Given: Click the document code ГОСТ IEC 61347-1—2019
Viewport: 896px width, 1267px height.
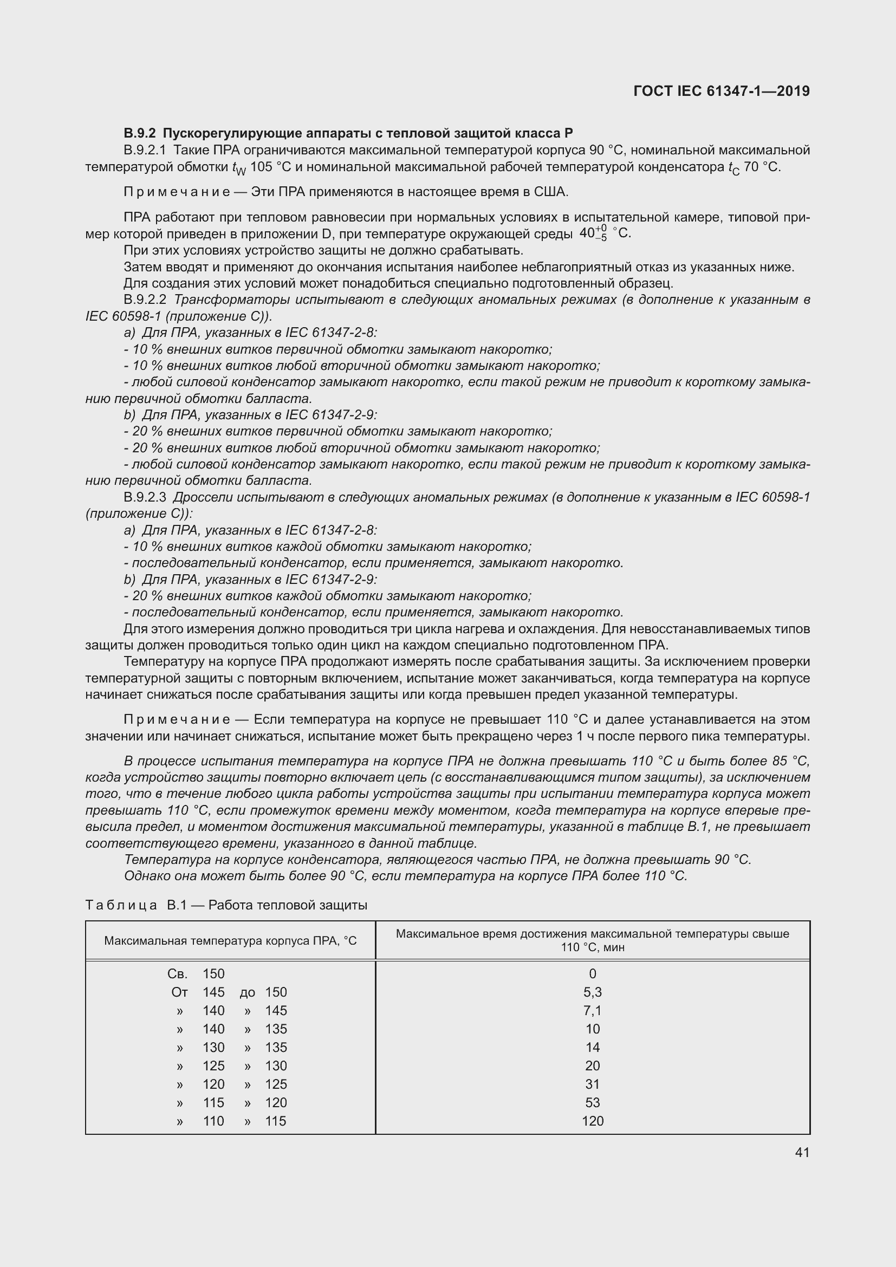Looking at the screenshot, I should click(722, 91).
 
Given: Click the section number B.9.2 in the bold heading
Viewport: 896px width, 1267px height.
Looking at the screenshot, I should click(140, 133).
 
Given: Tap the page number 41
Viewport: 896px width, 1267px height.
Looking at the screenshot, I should click(802, 1152).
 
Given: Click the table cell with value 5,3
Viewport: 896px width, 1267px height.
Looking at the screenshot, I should click(593, 992).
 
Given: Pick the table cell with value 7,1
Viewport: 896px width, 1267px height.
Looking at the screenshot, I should click(593, 1010).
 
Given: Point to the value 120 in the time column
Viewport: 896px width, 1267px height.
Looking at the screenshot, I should click(593, 1121).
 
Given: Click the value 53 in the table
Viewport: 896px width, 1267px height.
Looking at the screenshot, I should click(593, 1102).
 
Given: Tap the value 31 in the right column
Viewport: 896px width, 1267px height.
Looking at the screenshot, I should click(593, 1084).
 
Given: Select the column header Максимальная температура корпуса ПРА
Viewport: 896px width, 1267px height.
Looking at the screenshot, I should click(230, 941).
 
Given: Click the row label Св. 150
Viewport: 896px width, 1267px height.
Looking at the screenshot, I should click(196, 974).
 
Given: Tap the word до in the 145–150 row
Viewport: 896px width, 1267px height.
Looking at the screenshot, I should click(247, 993).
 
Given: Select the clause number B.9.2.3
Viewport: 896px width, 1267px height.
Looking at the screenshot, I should click(145, 497).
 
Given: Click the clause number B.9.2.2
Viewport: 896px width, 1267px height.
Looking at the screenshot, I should click(145, 300).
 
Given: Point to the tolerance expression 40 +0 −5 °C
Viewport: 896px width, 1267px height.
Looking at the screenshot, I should click(605, 233).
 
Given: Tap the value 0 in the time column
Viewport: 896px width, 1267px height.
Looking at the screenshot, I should click(593, 974).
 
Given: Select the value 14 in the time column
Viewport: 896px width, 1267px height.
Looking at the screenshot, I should click(593, 1048).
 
